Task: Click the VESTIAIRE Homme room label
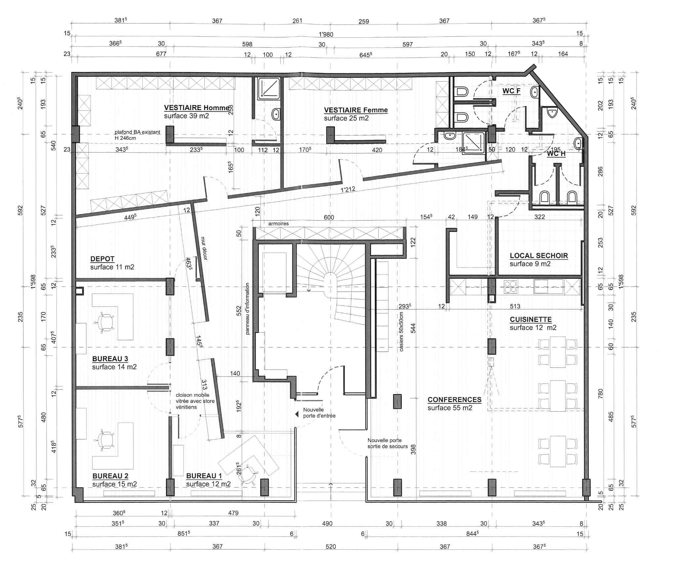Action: [x=197, y=108]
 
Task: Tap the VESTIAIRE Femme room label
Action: [x=356, y=110]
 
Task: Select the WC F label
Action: [x=511, y=91]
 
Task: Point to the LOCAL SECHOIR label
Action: [x=539, y=256]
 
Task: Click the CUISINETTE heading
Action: [x=531, y=319]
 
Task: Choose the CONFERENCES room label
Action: [x=455, y=400]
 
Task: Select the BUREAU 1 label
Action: [x=204, y=476]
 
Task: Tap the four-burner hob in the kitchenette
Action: [x=510, y=287]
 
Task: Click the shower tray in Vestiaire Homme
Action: [x=268, y=89]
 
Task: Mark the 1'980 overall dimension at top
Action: [x=326, y=34]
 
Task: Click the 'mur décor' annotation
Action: [x=203, y=248]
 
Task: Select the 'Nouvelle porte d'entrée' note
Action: [x=319, y=413]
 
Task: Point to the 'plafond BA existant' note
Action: [x=137, y=135]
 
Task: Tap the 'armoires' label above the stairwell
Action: [x=278, y=223]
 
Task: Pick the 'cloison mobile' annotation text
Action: [x=195, y=401]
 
